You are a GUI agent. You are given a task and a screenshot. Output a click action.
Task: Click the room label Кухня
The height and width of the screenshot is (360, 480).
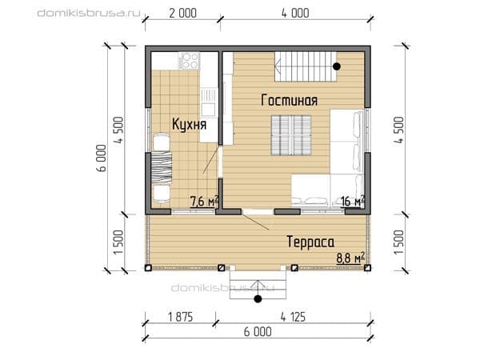click(x=189, y=124)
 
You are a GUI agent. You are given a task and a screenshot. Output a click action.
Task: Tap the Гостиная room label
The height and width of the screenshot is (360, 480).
click(x=290, y=100)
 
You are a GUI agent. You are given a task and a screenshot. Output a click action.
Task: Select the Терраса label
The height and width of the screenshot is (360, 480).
click(x=310, y=242)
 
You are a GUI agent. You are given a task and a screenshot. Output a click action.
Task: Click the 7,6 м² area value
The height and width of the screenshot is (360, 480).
click(x=204, y=201)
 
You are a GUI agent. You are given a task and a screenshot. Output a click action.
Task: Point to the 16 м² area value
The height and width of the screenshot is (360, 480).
click(x=352, y=201)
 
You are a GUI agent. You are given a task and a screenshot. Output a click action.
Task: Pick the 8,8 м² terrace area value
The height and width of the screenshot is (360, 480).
click(x=350, y=258)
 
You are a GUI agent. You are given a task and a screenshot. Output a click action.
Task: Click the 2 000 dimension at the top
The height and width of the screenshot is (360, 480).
click(x=182, y=13)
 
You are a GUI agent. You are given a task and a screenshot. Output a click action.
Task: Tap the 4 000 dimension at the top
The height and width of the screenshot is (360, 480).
click(x=295, y=13)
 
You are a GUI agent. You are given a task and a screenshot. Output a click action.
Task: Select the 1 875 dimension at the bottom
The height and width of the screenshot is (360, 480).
click(x=180, y=317)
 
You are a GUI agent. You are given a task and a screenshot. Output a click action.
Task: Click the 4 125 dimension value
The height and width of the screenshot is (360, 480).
click(x=293, y=317)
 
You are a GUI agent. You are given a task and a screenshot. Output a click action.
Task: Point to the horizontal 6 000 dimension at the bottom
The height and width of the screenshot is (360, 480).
click(x=258, y=331)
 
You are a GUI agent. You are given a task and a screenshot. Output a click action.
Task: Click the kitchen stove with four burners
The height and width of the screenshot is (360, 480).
click(x=190, y=61)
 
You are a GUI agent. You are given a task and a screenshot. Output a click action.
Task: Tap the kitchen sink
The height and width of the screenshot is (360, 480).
click(x=209, y=102)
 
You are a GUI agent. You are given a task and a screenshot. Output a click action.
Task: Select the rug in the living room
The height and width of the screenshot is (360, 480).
click(x=291, y=135)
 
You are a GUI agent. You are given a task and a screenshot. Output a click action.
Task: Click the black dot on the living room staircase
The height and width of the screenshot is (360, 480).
click(x=337, y=66)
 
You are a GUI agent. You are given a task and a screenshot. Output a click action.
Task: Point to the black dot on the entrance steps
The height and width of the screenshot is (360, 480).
click(x=258, y=298)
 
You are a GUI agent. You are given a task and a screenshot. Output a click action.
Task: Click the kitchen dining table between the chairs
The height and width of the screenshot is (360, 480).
click(x=162, y=167)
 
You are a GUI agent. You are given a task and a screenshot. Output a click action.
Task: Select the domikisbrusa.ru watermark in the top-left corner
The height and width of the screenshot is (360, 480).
click(x=89, y=13)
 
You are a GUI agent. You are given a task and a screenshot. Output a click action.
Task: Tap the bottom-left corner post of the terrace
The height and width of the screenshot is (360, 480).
click(x=148, y=268)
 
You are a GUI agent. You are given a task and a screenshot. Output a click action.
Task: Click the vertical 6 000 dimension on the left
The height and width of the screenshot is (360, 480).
click(x=102, y=158)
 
